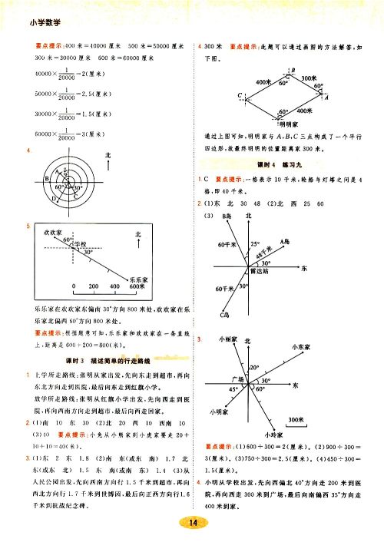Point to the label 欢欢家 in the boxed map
[52, 230]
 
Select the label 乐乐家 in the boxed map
[138, 280]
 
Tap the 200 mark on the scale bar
[94, 288]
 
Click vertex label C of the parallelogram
[240, 96]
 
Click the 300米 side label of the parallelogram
[310, 78]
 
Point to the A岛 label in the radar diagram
[285, 240]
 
